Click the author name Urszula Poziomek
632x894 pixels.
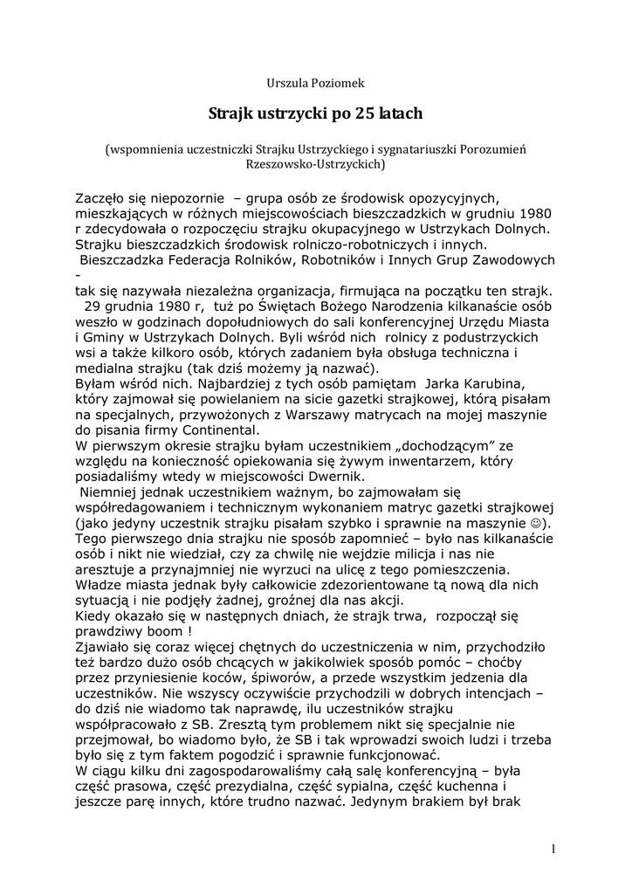315,83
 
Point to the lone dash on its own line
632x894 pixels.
79,275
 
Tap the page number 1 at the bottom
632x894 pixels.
553,847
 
